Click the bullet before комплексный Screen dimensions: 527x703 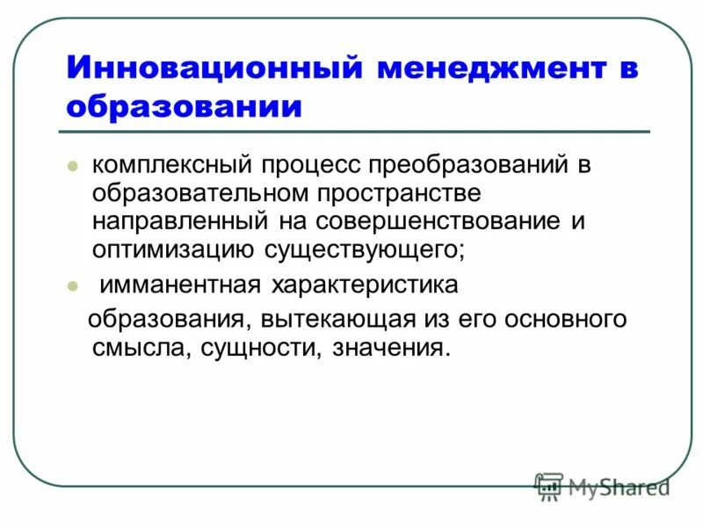[x=74, y=164]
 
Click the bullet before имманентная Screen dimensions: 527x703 [x=74, y=285]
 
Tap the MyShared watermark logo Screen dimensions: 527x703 [x=603, y=485]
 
